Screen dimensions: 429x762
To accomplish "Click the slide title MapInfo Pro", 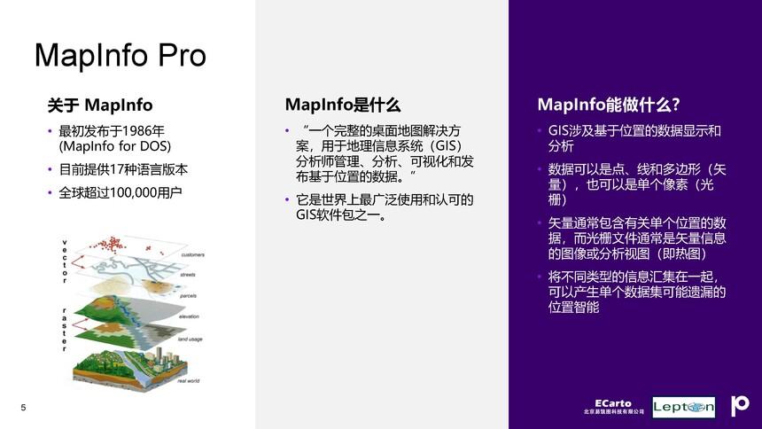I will pyautogui.click(x=120, y=56).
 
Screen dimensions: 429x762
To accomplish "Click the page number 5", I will pyautogui.click(x=23, y=407).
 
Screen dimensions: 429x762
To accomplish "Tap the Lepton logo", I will pyautogui.click(x=683, y=407).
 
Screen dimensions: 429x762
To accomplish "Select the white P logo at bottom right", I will pyautogui.click(x=739, y=406).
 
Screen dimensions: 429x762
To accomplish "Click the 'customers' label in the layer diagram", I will pyautogui.click(x=192, y=255).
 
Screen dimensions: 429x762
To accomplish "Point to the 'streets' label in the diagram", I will pyautogui.click(x=188, y=275).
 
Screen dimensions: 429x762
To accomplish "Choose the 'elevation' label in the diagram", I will pyautogui.click(x=188, y=316).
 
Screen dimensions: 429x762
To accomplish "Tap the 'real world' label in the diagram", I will pyautogui.click(x=188, y=380).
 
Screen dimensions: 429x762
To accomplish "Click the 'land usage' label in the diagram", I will pyautogui.click(x=190, y=339).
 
